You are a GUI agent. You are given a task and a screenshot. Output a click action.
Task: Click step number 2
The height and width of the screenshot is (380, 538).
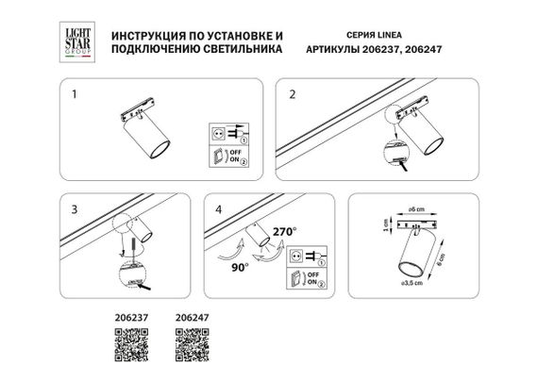293,96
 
